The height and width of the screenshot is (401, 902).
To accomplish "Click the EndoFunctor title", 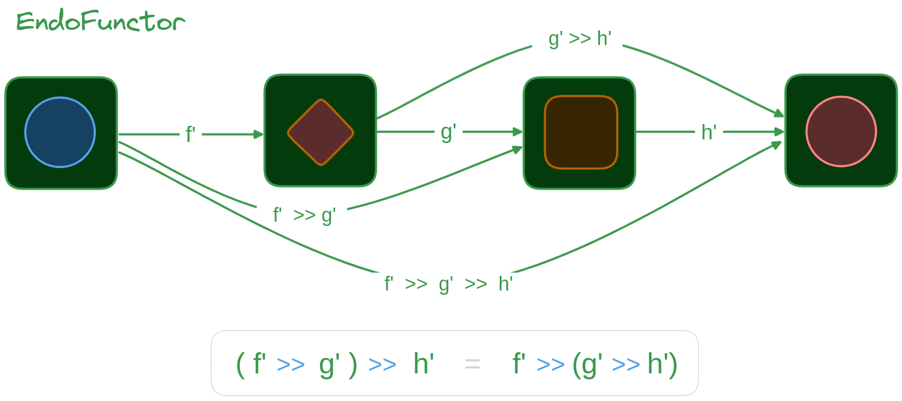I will click(x=101, y=22).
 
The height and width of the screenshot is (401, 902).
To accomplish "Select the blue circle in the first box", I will click(x=60, y=132).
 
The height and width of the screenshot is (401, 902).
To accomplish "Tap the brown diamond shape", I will click(x=321, y=132).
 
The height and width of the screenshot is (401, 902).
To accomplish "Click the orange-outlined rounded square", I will click(x=581, y=132).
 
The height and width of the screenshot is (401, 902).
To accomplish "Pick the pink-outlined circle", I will click(x=841, y=132).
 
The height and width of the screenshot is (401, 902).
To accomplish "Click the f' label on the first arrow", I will click(x=190, y=134).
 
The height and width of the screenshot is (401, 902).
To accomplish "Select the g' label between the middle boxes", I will click(x=448, y=132).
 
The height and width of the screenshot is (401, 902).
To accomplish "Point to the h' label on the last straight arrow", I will click(x=709, y=132).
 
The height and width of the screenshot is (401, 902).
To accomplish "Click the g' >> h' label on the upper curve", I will click(x=579, y=39).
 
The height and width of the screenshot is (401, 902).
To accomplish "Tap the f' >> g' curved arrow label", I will click(x=304, y=215).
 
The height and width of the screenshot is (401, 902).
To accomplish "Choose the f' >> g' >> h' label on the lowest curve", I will click(x=448, y=283).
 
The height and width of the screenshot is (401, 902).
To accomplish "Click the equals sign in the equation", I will click(x=472, y=364).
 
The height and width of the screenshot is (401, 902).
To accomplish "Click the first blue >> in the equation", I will click(x=290, y=365).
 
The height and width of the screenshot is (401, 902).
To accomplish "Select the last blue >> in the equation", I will click(x=626, y=365).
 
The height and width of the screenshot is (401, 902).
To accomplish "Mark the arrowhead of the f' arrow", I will click(x=259, y=134).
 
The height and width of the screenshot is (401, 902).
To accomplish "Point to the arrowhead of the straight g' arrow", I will click(x=518, y=132).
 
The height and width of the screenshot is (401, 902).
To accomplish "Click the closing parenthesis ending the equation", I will click(x=673, y=364).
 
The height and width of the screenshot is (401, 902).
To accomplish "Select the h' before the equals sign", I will click(x=423, y=364).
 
